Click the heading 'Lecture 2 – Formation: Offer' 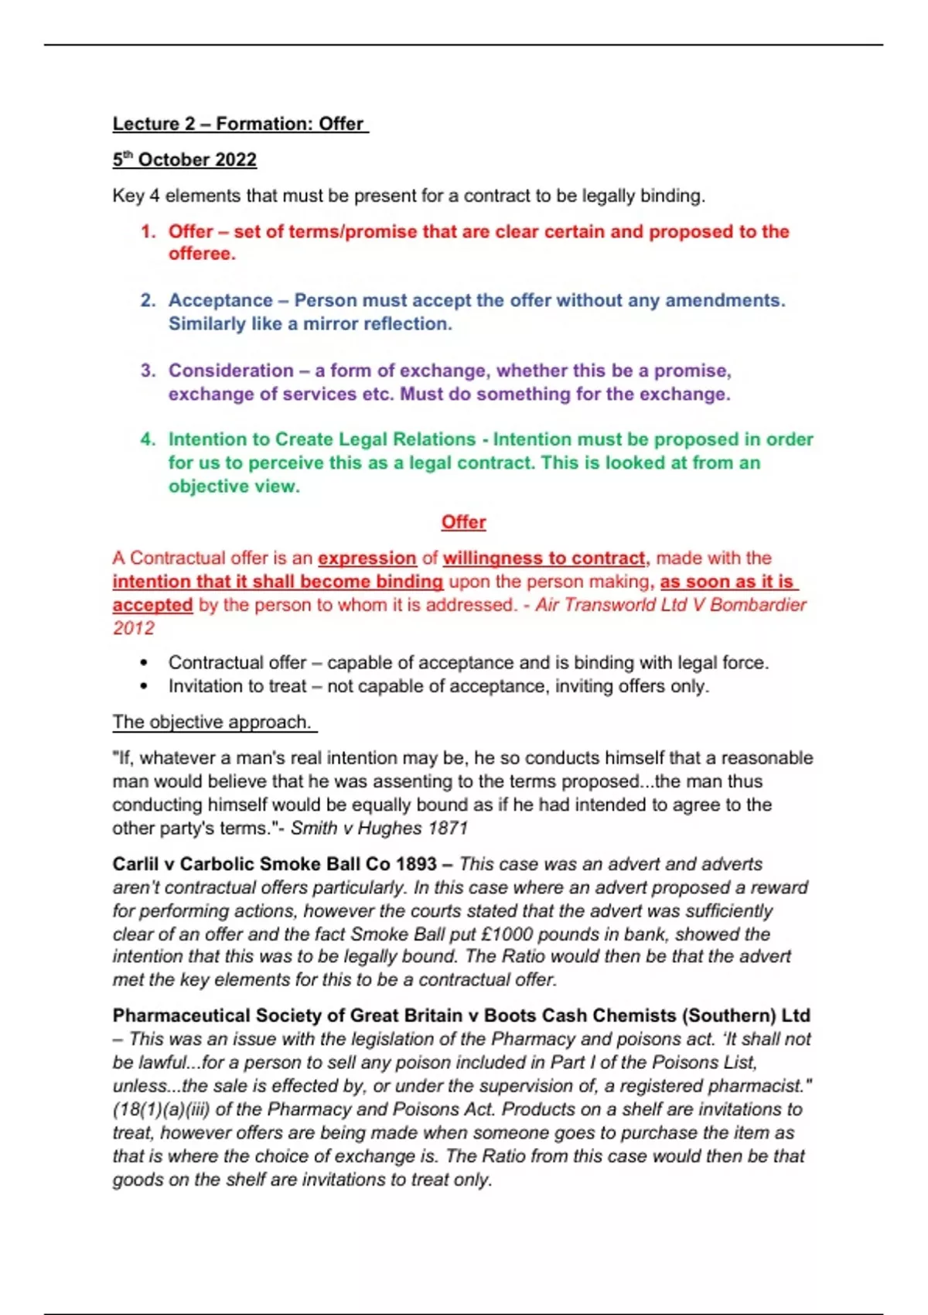(x=240, y=124)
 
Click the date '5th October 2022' (x=184, y=160)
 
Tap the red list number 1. (x=148, y=232)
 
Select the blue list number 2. (x=148, y=301)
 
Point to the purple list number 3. (x=148, y=371)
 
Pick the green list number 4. (x=148, y=439)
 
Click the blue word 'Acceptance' (x=220, y=301)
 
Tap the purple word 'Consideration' (x=231, y=371)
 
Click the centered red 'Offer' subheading (x=463, y=523)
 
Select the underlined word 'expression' (x=367, y=558)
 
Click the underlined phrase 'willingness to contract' (x=544, y=558)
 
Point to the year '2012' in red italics (x=134, y=628)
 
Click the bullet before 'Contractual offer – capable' (x=144, y=664)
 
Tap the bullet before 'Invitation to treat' (x=144, y=687)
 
